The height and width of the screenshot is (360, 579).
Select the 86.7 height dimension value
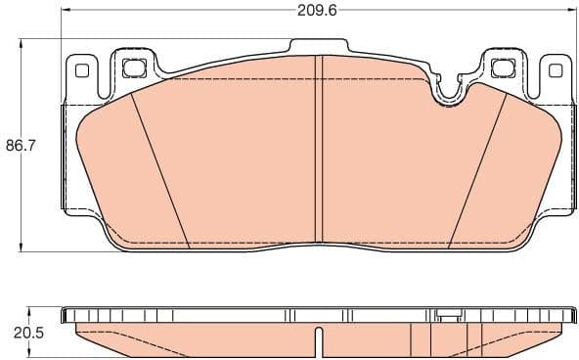point(22,146)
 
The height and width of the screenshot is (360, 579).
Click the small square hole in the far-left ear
point(80,70)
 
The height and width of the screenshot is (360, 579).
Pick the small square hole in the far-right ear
point(556,70)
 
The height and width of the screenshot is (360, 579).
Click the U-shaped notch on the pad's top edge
point(448,91)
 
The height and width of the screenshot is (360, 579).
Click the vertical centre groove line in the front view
point(317,147)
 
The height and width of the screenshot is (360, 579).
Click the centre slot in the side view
point(317,343)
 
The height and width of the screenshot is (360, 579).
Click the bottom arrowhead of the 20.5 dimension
point(22,356)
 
